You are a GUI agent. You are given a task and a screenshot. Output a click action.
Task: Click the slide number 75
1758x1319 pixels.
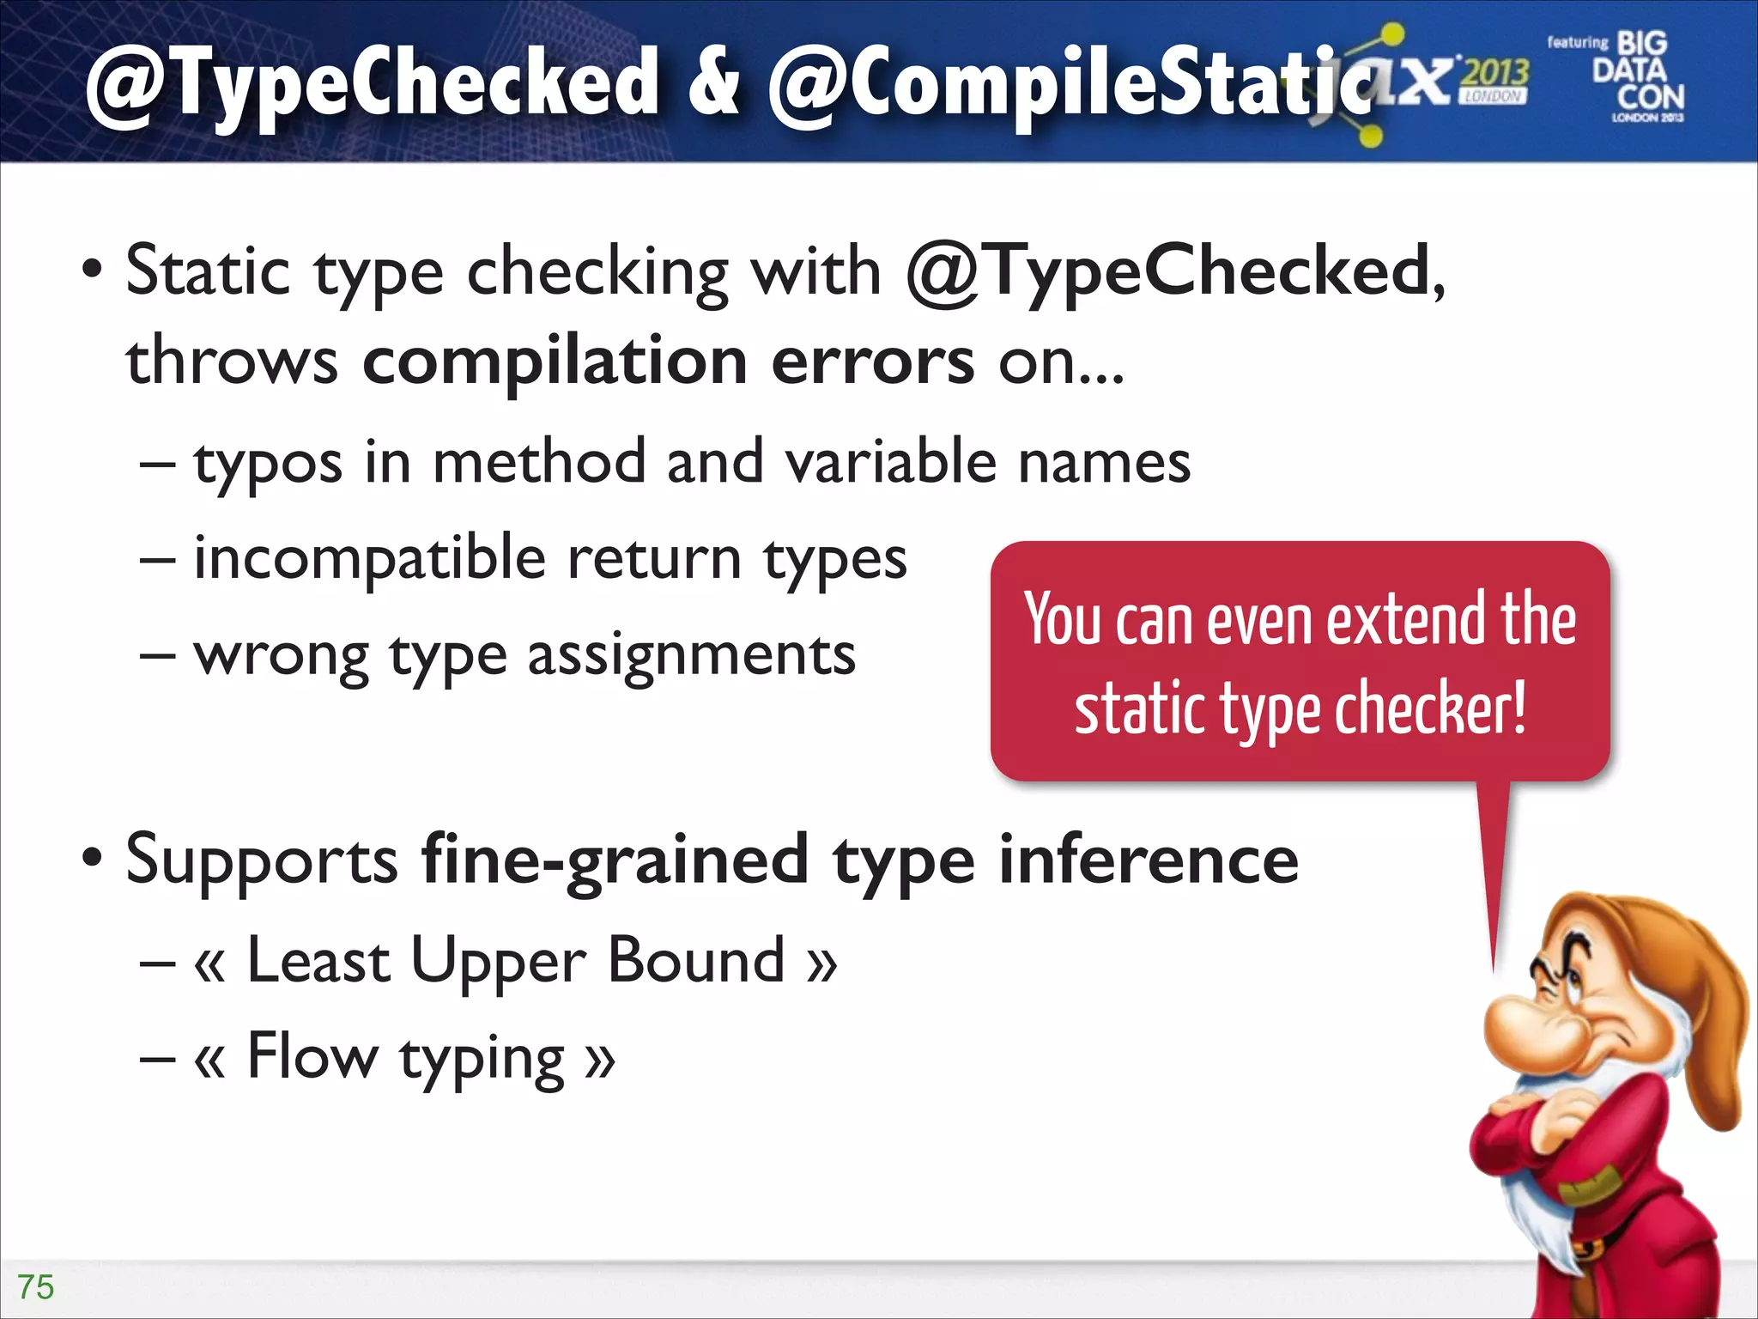pyautogui.click(x=36, y=1287)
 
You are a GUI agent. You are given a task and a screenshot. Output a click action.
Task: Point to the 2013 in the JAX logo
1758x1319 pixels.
pyautogui.click(x=1495, y=73)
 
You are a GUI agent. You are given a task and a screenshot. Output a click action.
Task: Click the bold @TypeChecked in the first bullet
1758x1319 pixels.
pyautogui.click(x=1167, y=273)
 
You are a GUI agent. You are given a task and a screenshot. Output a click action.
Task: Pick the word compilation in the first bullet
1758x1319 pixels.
pyautogui.click(x=555, y=361)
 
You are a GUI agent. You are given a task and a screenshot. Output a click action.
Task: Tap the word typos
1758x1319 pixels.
pyautogui.click(x=268, y=464)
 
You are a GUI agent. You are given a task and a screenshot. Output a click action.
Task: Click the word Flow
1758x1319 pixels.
pyautogui.click(x=312, y=1056)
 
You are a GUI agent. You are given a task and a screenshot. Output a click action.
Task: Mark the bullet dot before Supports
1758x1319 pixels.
pyautogui.click(x=92, y=859)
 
